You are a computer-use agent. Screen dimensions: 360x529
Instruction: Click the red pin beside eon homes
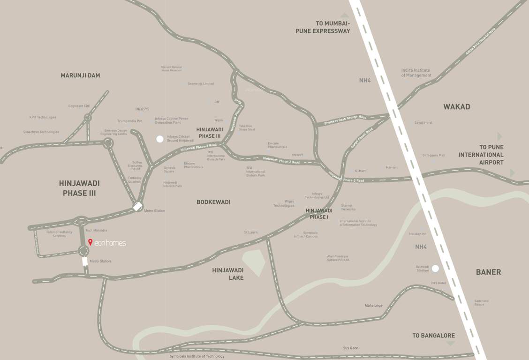[x=90, y=242]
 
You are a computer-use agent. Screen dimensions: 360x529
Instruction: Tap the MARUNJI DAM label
[x=80, y=75]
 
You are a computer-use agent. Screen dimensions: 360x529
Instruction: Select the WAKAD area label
[x=456, y=107]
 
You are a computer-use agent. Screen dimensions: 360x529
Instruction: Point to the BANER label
[x=488, y=272]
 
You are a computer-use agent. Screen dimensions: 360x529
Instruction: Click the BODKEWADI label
[x=213, y=202]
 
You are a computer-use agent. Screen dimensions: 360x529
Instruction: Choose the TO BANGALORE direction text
[x=433, y=336]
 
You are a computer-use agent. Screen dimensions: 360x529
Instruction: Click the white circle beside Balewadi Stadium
[x=435, y=269]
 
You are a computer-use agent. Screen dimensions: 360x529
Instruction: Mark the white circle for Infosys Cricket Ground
[x=160, y=139]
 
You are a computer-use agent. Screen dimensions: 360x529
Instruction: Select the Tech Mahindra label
[x=96, y=231]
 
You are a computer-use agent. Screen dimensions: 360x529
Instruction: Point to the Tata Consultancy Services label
[x=59, y=234]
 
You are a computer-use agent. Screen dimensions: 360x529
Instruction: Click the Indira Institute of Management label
[x=416, y=73]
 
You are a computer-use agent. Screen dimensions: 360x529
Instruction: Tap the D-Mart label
[x=360, y=171]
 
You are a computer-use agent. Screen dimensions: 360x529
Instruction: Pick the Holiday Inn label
[x=417, y=234]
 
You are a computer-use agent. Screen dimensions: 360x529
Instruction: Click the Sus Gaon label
[x=350, y=348]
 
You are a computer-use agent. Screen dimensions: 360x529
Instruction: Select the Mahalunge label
[x=373, y=306]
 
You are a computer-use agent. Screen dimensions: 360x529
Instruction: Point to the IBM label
[x=216, y=102]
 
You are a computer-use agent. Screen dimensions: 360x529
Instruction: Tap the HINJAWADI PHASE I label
[x=319, y=214]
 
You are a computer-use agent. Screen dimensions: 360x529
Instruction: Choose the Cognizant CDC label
[x=79, y=106]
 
